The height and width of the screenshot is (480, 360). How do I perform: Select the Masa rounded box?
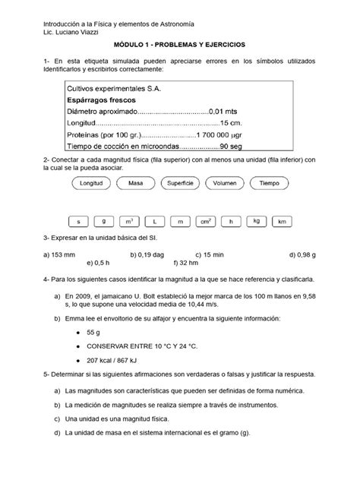pos(137,185)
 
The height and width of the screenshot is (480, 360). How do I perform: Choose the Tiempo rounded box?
pos(270,185)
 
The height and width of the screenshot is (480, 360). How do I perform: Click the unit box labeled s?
pos(78,221)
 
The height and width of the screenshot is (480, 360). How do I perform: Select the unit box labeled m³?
pos(129,221)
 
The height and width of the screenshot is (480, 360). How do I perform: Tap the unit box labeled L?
pos(154,221)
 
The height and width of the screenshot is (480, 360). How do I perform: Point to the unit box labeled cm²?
pos(205,221)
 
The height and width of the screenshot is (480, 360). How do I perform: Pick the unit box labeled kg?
pos(256,221)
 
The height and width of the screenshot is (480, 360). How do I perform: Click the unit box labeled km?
pos(282,221)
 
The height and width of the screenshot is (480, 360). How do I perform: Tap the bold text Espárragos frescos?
pos(99,103)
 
